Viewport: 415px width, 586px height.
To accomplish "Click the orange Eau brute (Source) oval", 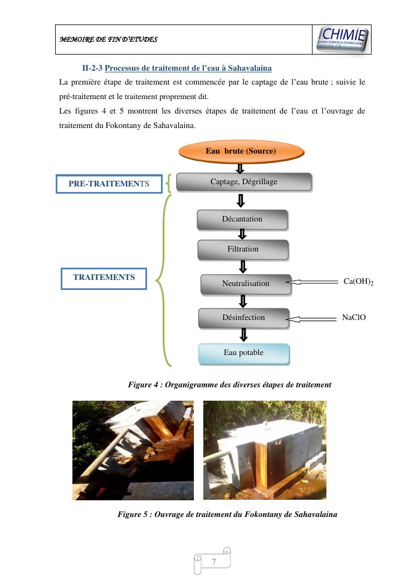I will click(241, 151).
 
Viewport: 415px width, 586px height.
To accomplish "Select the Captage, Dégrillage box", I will click(243, 182).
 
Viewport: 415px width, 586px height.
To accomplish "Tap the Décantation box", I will click(242, 219).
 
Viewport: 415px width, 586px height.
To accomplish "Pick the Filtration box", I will click(243, 249).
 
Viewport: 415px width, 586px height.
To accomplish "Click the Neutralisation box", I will click(246, 284).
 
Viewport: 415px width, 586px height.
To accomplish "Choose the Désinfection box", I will click(244, 318).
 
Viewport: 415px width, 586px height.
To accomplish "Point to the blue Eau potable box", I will click(244, 353).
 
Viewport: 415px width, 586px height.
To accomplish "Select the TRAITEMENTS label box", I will click(104, 278).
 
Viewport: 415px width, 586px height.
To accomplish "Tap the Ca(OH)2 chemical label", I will click(358, 282).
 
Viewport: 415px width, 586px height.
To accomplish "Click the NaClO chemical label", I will click(354, 318).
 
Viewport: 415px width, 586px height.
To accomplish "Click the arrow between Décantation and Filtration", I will click(242, 234).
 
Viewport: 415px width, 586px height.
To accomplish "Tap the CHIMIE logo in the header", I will click(342, 40).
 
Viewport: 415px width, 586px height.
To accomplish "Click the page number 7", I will click(213, 562).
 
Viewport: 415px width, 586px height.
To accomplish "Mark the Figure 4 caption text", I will click(230, 385).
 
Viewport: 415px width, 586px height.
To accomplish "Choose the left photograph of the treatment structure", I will click(133, 450).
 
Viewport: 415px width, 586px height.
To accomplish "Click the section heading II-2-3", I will click(177, 68).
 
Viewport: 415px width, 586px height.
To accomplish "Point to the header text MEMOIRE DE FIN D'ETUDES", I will click(109, 40).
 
